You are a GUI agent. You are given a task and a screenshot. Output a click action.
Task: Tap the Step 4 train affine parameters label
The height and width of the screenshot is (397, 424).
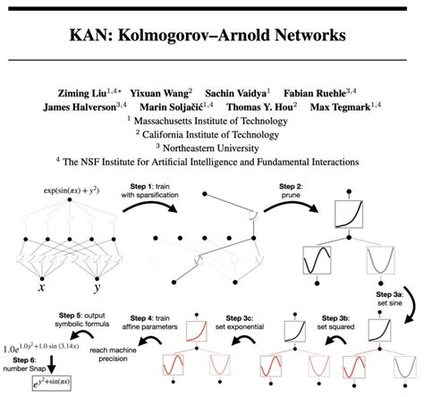coord(152,322)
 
